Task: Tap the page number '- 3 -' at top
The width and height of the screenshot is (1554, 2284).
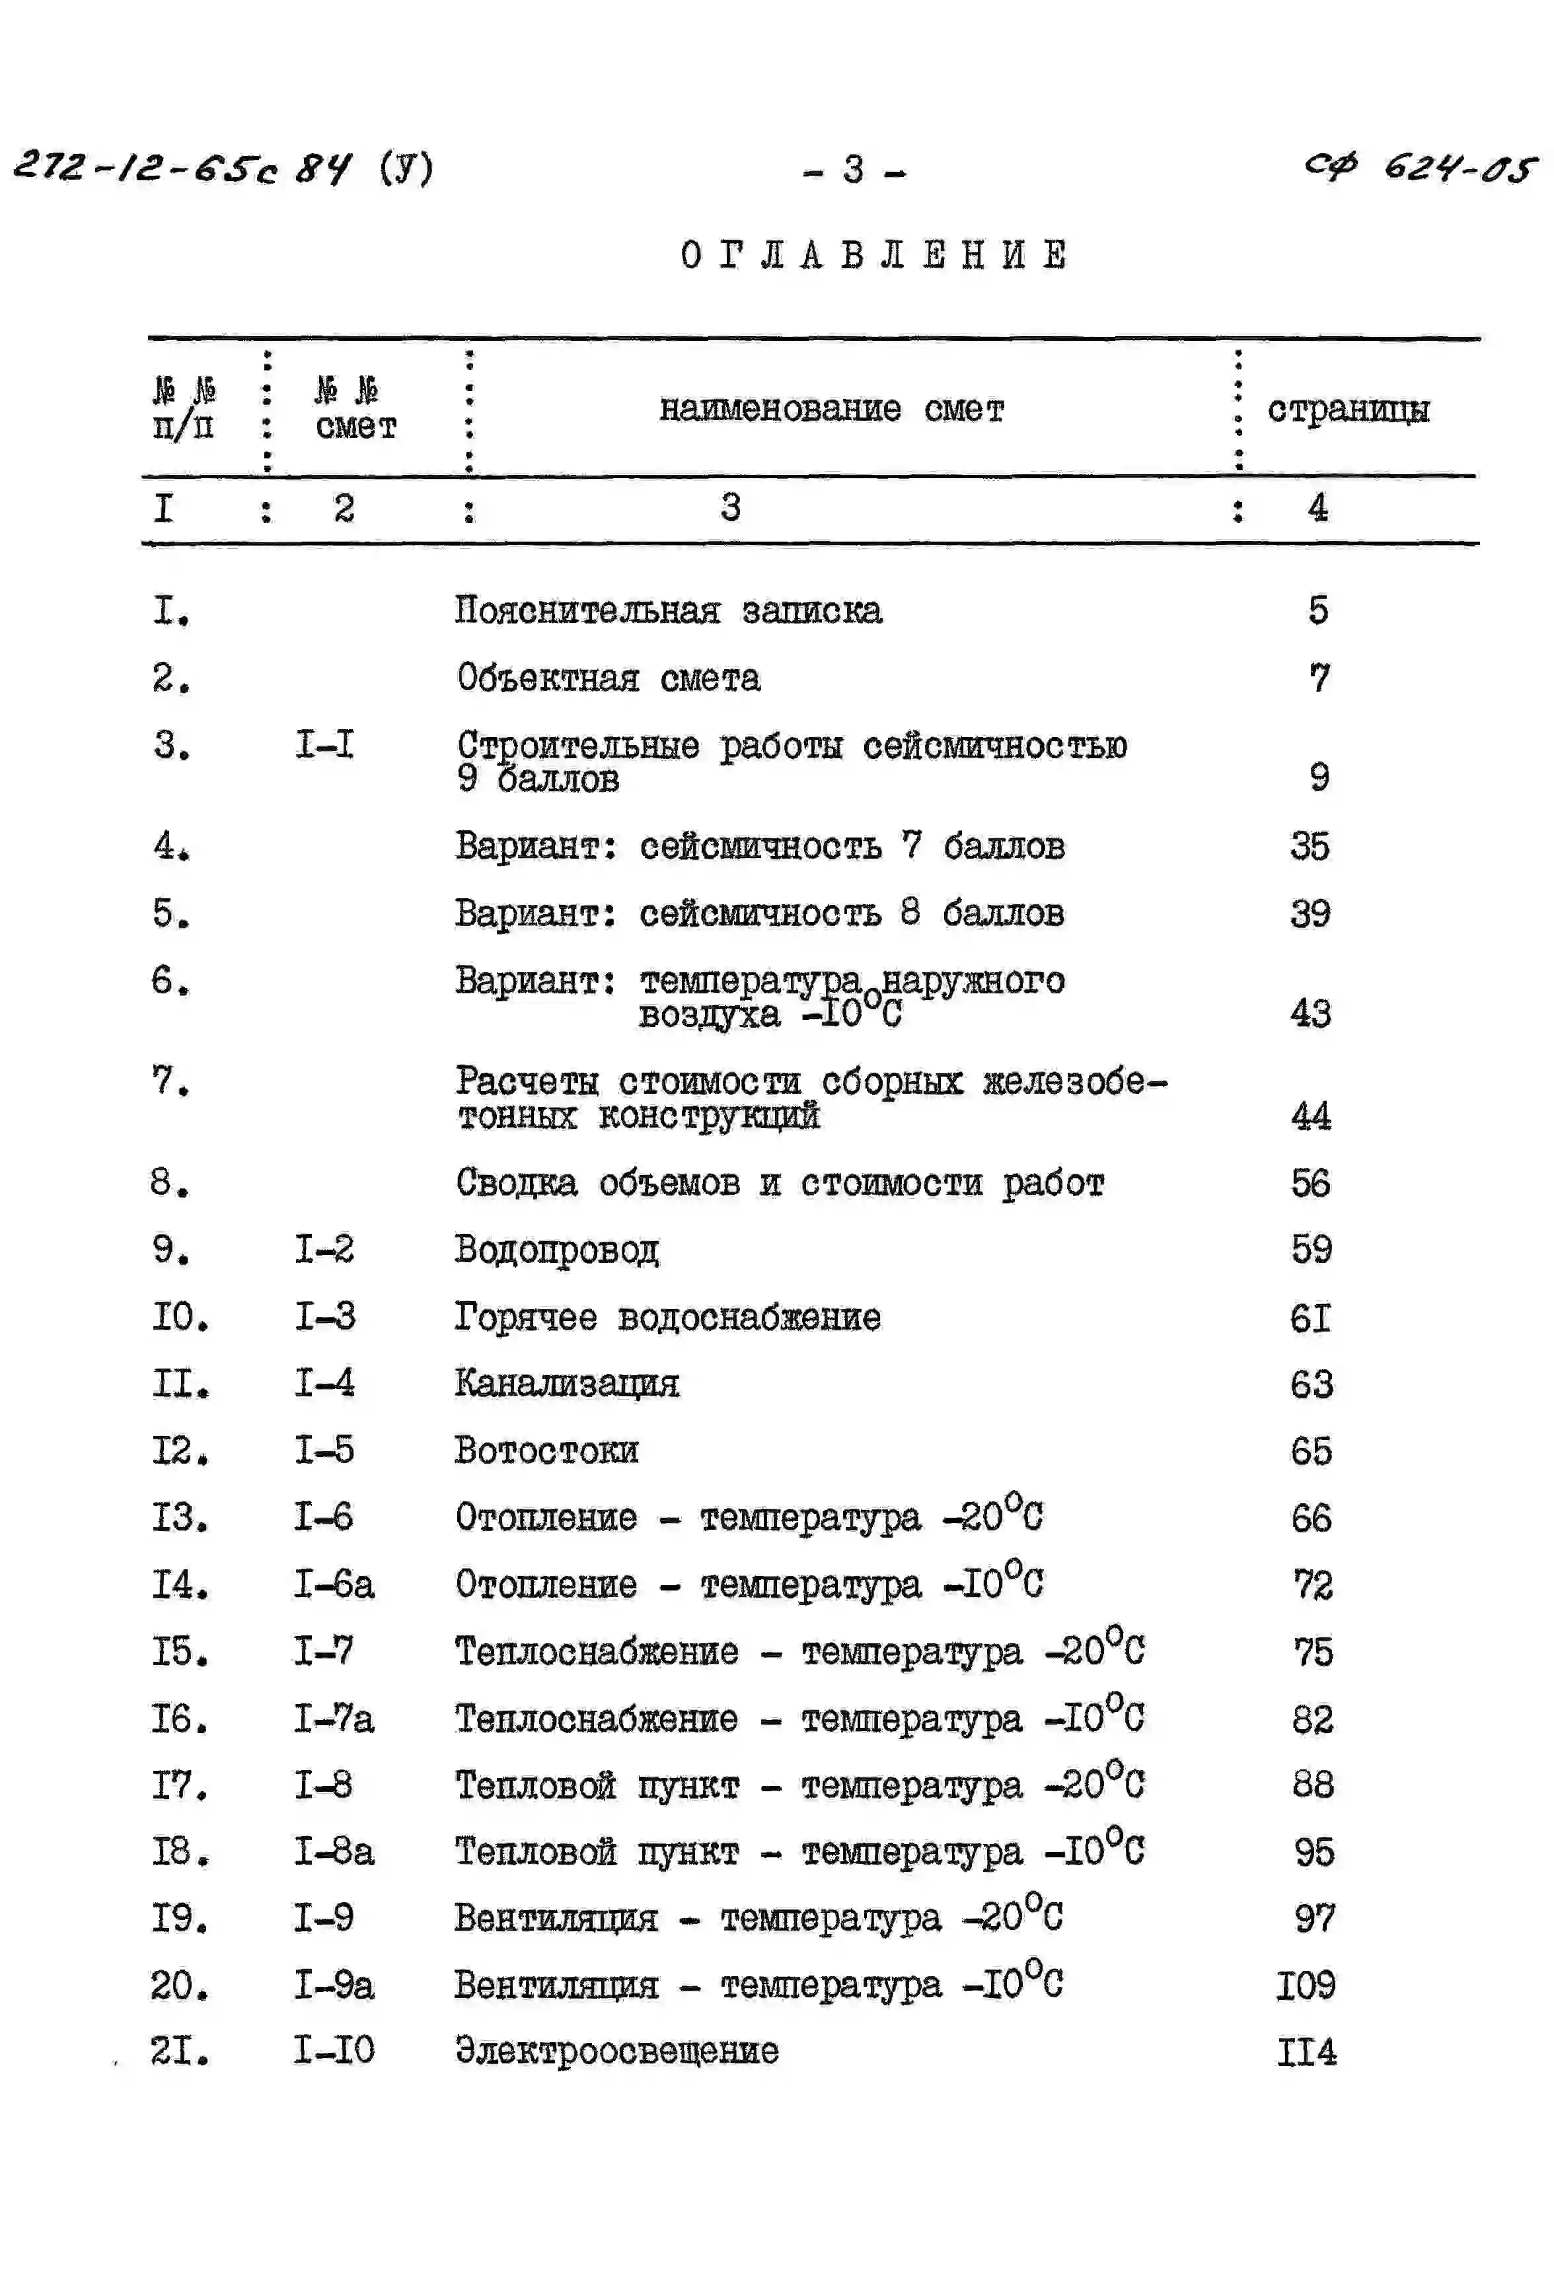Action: pyautogui.click(x=853, y=170)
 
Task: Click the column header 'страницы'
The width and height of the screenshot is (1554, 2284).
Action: pyautogui.click(x=1348, y=409)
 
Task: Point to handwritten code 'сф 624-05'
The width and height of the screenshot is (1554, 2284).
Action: pyautogui.click(x=1419, y=168)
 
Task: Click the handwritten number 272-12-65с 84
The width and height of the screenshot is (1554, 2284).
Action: pyautogui.click(x=182, y=167)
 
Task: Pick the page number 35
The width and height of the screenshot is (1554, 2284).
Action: pyautogui.click(x=1310, y=846)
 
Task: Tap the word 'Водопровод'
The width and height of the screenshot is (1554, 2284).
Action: pyautogui.click(x=556, y=1250)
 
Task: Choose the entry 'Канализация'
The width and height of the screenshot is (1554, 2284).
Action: pyautogui.click(x=566, y=1384)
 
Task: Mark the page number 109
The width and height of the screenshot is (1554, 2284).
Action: pyautogui.click(x=1306, y=1985)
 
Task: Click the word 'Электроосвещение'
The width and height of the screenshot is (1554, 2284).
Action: pyautogui.click(x=616, y=2051)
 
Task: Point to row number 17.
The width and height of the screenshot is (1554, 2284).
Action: pyautogui.click(x=179, y=1785)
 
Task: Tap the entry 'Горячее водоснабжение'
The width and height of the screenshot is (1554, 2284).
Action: pyautogui.click(x=667, y=1317)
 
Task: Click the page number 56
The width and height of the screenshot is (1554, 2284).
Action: pyautogui.click(x=1310, y=1183)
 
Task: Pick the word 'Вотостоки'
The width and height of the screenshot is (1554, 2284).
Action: pyautogui.click(x=546, y=1450)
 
